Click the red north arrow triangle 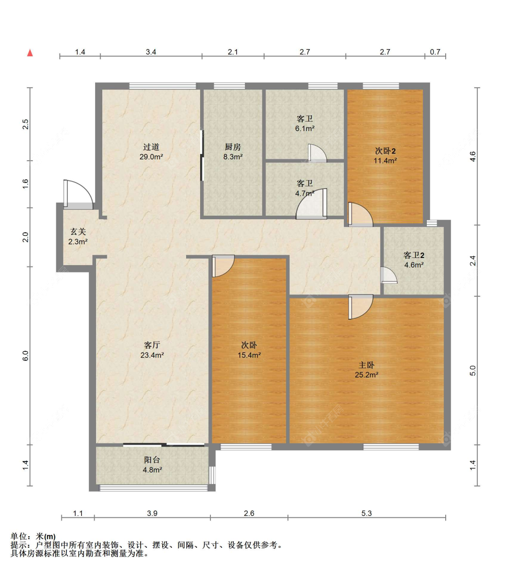[x=30, y=53]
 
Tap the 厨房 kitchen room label [x=233, y=147]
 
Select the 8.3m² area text [x=233, y=157]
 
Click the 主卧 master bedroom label [x=366, y=365]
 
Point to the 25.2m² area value [x=366, y=375]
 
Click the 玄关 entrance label [x=78, y=231]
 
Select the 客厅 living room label [x=152, y=345]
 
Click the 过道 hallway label [x=151, y=147]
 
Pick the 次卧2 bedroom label [x=385, y=151]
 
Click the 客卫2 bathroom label [x=414, y=255]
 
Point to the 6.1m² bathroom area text [x=305, y=129]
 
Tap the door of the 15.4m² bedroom [x=223, y=266]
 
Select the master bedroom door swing [x=361, y=307]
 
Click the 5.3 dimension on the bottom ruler [x=366, y=513]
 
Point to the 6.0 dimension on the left [x=26, y=356]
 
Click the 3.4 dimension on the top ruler [x=151, y=52]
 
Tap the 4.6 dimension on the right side [x=472, y=156]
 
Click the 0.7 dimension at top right [x=435, y=52]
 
